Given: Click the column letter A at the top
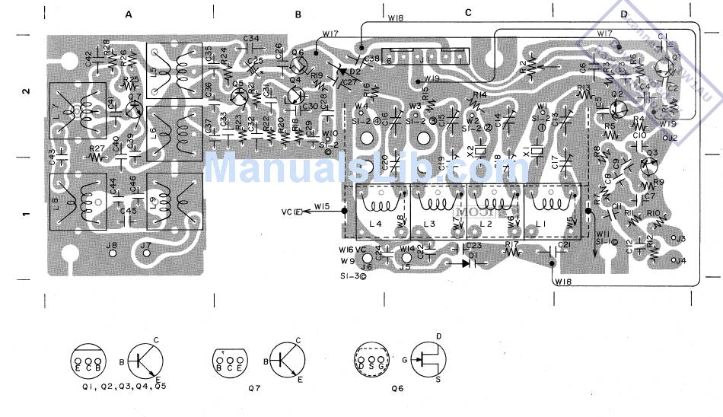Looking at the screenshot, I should [129, 14].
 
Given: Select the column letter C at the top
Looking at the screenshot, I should [468, 12].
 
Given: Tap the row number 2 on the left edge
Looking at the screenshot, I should [26, 91].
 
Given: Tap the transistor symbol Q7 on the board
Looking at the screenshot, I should [135, 109].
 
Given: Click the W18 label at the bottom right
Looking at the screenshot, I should [563, 282].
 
